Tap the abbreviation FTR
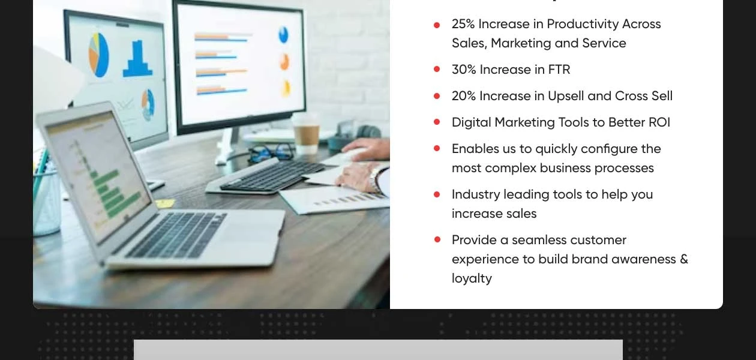pyautogui.click(x=559, y=70)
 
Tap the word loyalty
pyautogui.click(x=472, y=278)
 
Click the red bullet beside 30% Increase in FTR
pyautogui.click(x=437, y=69)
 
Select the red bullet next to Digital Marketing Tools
pyautogui.click(x=437, y=122)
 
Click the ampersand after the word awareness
pyautogui.click(x=684, y=259)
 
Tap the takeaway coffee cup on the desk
pyautogui.click(x=306, y=133)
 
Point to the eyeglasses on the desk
pyautogui.click(x=272, y=152)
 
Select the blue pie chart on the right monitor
pyautogui.click(x=283, y=35)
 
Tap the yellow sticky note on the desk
pyautogui.click(x=165, y=203)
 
